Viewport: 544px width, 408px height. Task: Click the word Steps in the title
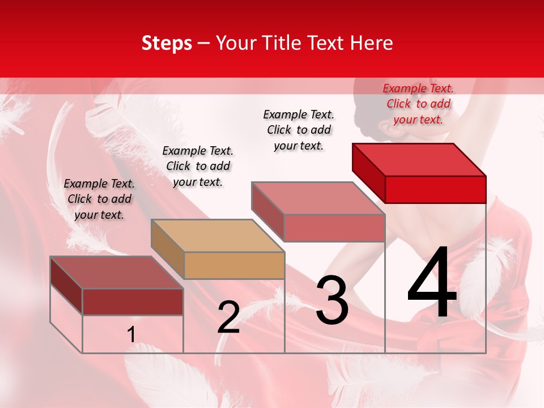point(167,43)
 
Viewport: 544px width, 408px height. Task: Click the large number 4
point(432,283)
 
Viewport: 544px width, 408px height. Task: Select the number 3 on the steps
point(332,300)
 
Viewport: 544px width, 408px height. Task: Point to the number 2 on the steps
point(229,318)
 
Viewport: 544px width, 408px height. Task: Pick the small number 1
point(131,335)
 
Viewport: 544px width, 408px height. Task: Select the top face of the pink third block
point(318,198)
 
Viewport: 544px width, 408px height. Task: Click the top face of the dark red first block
point(116,273)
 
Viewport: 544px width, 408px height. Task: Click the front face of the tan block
point(234,265)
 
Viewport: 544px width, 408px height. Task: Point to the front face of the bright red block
point(435,189)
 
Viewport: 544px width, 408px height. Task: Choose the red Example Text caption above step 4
point(418,104)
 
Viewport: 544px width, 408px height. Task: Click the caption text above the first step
point(99,199)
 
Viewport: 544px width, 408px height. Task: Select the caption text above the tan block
point(198,166)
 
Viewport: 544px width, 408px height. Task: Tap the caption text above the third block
point(299,130)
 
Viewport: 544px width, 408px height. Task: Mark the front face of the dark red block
point(133,301)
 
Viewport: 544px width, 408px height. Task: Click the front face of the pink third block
point(334,228)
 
